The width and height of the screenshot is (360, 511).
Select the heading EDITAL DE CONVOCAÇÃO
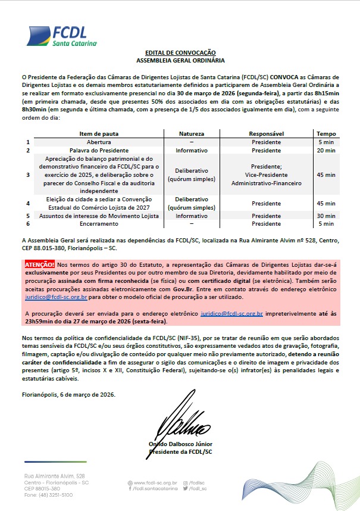point(180,53)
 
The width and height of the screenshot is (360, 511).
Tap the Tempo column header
point(325,134)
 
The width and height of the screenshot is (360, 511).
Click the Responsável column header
point(266,134)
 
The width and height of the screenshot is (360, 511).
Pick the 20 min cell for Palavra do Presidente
point(325,151)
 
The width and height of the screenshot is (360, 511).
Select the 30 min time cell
point(325,216)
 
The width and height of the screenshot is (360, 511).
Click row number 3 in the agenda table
point(28,175)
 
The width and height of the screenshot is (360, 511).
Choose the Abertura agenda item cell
point(99,142)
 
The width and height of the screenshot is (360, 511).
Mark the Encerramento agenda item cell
point(99,224)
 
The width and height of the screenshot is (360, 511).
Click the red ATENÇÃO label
point(39,263)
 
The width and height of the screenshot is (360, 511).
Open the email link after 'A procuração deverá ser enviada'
point(231,313)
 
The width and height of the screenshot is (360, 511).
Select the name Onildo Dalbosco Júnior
point(180,444)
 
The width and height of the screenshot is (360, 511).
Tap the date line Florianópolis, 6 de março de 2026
point(69,395)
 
